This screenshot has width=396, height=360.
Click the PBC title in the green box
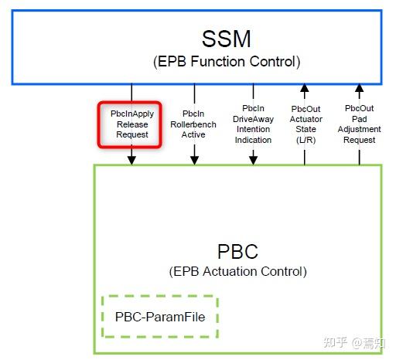[237, 252]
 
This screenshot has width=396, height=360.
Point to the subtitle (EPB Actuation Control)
[237, 272]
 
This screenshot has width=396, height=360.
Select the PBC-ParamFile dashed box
[161, 317]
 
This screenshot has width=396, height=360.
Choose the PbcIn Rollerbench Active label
[194, 124]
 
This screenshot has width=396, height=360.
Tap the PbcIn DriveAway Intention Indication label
[253, 124]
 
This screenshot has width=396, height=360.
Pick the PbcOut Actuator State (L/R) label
[306, 124]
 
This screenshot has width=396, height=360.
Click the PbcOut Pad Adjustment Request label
[358, 124]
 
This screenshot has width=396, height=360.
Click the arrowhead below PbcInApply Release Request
[131, 160]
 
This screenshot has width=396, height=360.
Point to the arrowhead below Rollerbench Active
[194, 160]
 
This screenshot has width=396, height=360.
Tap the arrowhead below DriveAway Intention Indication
[253, 160]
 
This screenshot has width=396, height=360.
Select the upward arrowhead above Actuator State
[306, 88]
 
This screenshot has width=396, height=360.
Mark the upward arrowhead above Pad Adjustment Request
[359, 88]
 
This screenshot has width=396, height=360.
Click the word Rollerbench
[194, 124]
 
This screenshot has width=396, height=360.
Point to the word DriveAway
[253, 119]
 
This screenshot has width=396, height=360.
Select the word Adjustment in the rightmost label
[358, 130]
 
